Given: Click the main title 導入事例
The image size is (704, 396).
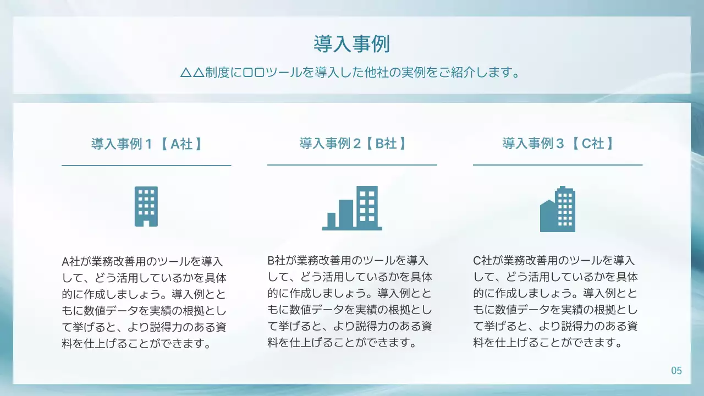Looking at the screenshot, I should point(351,44).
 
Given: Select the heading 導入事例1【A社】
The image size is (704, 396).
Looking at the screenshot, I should point(146,144).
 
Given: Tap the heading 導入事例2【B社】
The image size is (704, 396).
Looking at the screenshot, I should point(353,144).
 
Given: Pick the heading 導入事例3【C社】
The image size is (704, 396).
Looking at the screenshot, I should point(558,144).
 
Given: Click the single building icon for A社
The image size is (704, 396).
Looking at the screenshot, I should point(146,206).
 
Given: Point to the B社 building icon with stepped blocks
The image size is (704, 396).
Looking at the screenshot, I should point(352,208).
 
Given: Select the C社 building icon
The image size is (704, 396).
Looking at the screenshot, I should point(558,209).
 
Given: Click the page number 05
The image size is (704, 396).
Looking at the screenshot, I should point(676,371).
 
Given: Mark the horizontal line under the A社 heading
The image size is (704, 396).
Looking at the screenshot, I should point(146,165).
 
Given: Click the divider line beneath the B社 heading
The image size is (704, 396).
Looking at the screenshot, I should point(352,164).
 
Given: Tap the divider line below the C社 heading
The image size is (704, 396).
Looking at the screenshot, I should point(558,164).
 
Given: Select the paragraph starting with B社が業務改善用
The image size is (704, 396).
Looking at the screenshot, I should point(350,301).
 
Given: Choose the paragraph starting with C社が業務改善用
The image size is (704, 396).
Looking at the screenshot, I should point(555,301).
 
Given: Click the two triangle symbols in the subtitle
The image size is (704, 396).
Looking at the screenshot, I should point(193,73).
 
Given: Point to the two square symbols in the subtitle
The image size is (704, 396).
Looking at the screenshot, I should point(254,73).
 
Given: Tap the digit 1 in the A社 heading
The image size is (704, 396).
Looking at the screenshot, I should point(148,144).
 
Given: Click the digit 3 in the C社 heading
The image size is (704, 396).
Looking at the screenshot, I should point(560,144).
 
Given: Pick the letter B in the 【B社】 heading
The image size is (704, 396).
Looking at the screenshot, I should point(379,144).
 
